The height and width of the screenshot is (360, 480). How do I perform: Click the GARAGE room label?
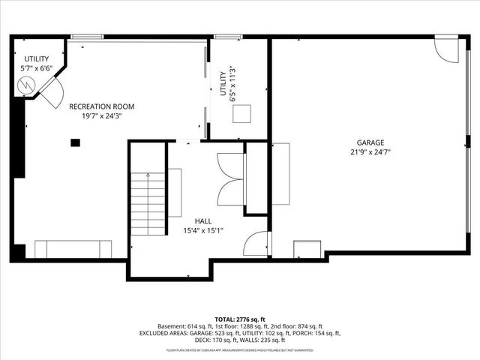click(370, 142)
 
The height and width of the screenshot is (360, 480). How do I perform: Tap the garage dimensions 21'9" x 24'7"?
click(370, 151)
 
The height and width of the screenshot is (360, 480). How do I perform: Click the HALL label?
click(202, 221)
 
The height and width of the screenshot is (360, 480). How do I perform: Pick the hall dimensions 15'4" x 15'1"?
click(202, 231)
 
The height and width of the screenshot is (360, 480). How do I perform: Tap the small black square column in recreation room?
click(75, 142)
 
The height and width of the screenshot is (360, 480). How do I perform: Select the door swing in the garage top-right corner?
click(445, 50)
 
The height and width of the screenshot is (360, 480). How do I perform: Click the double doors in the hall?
click(229, 179)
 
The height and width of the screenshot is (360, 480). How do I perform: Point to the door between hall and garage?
click(256, 244)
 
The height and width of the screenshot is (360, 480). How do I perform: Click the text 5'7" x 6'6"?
click(36, 69)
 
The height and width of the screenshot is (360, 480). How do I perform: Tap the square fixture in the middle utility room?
click(241, 114)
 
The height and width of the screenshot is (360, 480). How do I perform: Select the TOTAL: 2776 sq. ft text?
click(239, 319)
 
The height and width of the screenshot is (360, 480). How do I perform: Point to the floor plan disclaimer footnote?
click(239, 349)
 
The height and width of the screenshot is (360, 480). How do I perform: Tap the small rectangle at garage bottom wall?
click(307, 249)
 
